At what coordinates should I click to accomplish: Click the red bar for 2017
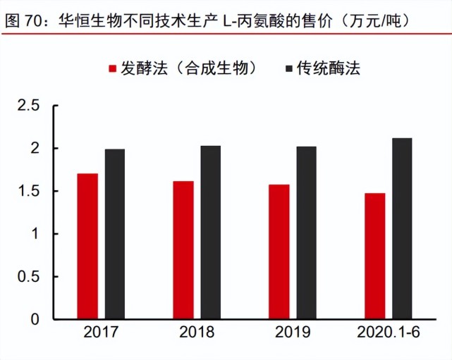pyautogui.click(x=87, y=246)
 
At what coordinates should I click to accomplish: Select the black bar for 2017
pyautogui.click(x=115, y=234)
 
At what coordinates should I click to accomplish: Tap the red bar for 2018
pyautogui.click(x=183, y=250)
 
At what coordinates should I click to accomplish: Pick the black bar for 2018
pyautogui.click(x=210, y=232)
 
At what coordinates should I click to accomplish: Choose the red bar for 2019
pyautogui.click(x=279, y=252)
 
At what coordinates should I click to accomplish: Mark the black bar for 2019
pyautogui.click(x=306, y=232)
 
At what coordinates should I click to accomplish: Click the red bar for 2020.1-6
pyautogui.click(x=374, y=256)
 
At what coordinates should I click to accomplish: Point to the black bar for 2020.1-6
pyautogui.click(x=402, y=228)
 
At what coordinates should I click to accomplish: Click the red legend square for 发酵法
pyautogui.click(x=111, y=68)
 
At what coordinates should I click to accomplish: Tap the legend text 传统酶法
pyautogui.click(x=329, y=68)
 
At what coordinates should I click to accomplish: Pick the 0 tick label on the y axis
pyautogui.click(x=36, y=319)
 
